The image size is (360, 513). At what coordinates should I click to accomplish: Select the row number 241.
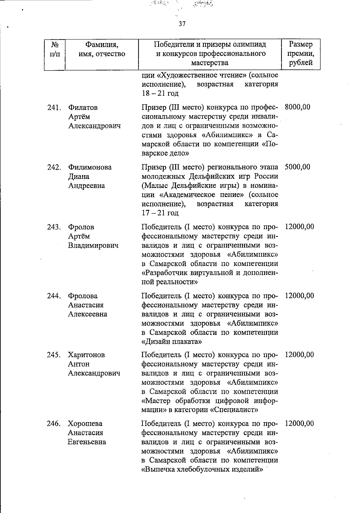click(x=54, y=107)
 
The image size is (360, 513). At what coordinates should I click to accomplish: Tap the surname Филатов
click(x=83, y=107)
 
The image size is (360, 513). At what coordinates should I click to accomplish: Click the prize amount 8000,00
click(x=297, y=107)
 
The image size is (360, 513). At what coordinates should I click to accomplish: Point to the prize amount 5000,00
click(x=297, y=167)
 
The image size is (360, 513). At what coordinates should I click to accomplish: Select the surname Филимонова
click(x=90, y=167)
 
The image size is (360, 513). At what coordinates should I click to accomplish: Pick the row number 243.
click(x=54, y=227)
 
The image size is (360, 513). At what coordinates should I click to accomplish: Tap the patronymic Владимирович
click(x=93, y=246)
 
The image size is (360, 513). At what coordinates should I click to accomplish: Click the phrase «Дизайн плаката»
click(x=171, y=342)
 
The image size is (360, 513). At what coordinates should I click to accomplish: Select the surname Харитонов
click(x=86, y=355)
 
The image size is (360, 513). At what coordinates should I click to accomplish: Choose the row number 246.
click(x=54, y=424)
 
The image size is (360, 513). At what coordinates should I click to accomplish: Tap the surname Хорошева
click(x=85, y=424)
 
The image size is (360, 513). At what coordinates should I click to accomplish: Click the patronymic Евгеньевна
click(x=87, y=442)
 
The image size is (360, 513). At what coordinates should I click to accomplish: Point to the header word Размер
click(x=301, y=44)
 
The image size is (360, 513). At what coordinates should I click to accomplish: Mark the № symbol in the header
click(x=54, y=45)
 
